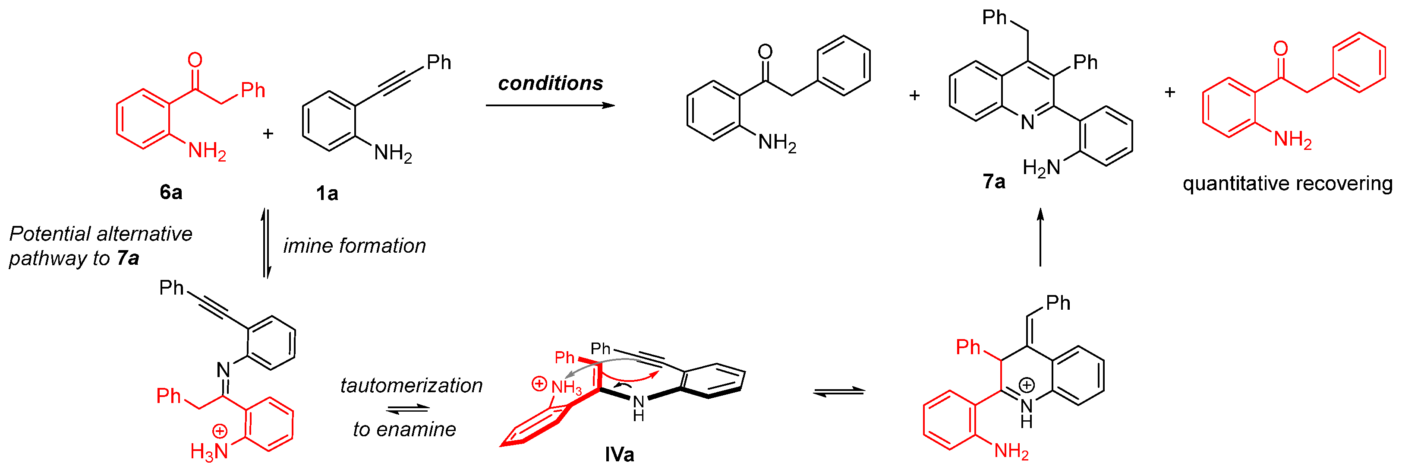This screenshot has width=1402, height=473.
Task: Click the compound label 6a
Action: point(170,192)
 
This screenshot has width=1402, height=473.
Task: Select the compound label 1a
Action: point(327,194)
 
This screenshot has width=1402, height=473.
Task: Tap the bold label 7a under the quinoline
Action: point(994,181)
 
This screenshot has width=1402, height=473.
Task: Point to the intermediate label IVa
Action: point(619,454)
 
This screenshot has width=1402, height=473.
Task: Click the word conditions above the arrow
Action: point(550,83)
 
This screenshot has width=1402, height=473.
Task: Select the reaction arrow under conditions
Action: point(550,105)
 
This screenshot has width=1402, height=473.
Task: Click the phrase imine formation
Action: point(354,246)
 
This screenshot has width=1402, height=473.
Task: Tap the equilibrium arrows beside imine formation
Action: point(266,243)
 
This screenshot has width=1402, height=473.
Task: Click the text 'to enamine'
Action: point(404,429)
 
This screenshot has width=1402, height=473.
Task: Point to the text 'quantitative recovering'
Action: point(1287,184)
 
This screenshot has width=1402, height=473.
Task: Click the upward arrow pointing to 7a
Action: point(1040,237)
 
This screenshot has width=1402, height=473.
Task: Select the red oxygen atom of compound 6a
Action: point(195,60)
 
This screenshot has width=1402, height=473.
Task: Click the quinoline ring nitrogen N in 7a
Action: point(1027,123)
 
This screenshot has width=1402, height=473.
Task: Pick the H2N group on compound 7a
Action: point(1041,167)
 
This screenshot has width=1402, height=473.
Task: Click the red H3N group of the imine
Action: point(209,451)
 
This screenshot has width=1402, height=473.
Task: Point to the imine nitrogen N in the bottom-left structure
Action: point(224,370)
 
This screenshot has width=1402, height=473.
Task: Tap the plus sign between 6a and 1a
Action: point(268,133)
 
